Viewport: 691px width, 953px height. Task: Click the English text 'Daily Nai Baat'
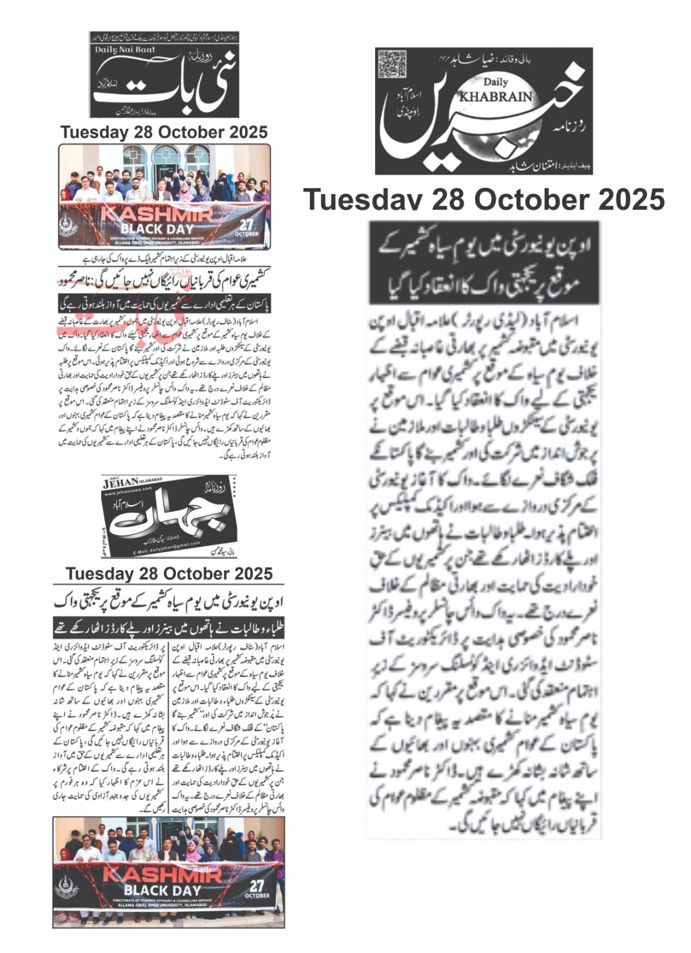(x=125, y=50)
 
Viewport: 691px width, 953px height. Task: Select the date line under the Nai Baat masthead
(x=164, y=132)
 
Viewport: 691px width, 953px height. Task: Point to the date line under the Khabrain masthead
(x=484, y=199)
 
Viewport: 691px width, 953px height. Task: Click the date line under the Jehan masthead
(x=169, y=574)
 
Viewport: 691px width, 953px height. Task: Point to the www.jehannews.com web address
(x=129, y=494)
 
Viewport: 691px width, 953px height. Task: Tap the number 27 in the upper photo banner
(x=246, y=225)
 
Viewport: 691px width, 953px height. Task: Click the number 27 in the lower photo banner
(x=257, y=886)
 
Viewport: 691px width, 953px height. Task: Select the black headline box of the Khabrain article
(x=484, y=263)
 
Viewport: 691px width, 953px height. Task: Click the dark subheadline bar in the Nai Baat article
(x=165, y=304)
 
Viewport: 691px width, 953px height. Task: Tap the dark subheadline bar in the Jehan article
(x=169, y=627)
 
